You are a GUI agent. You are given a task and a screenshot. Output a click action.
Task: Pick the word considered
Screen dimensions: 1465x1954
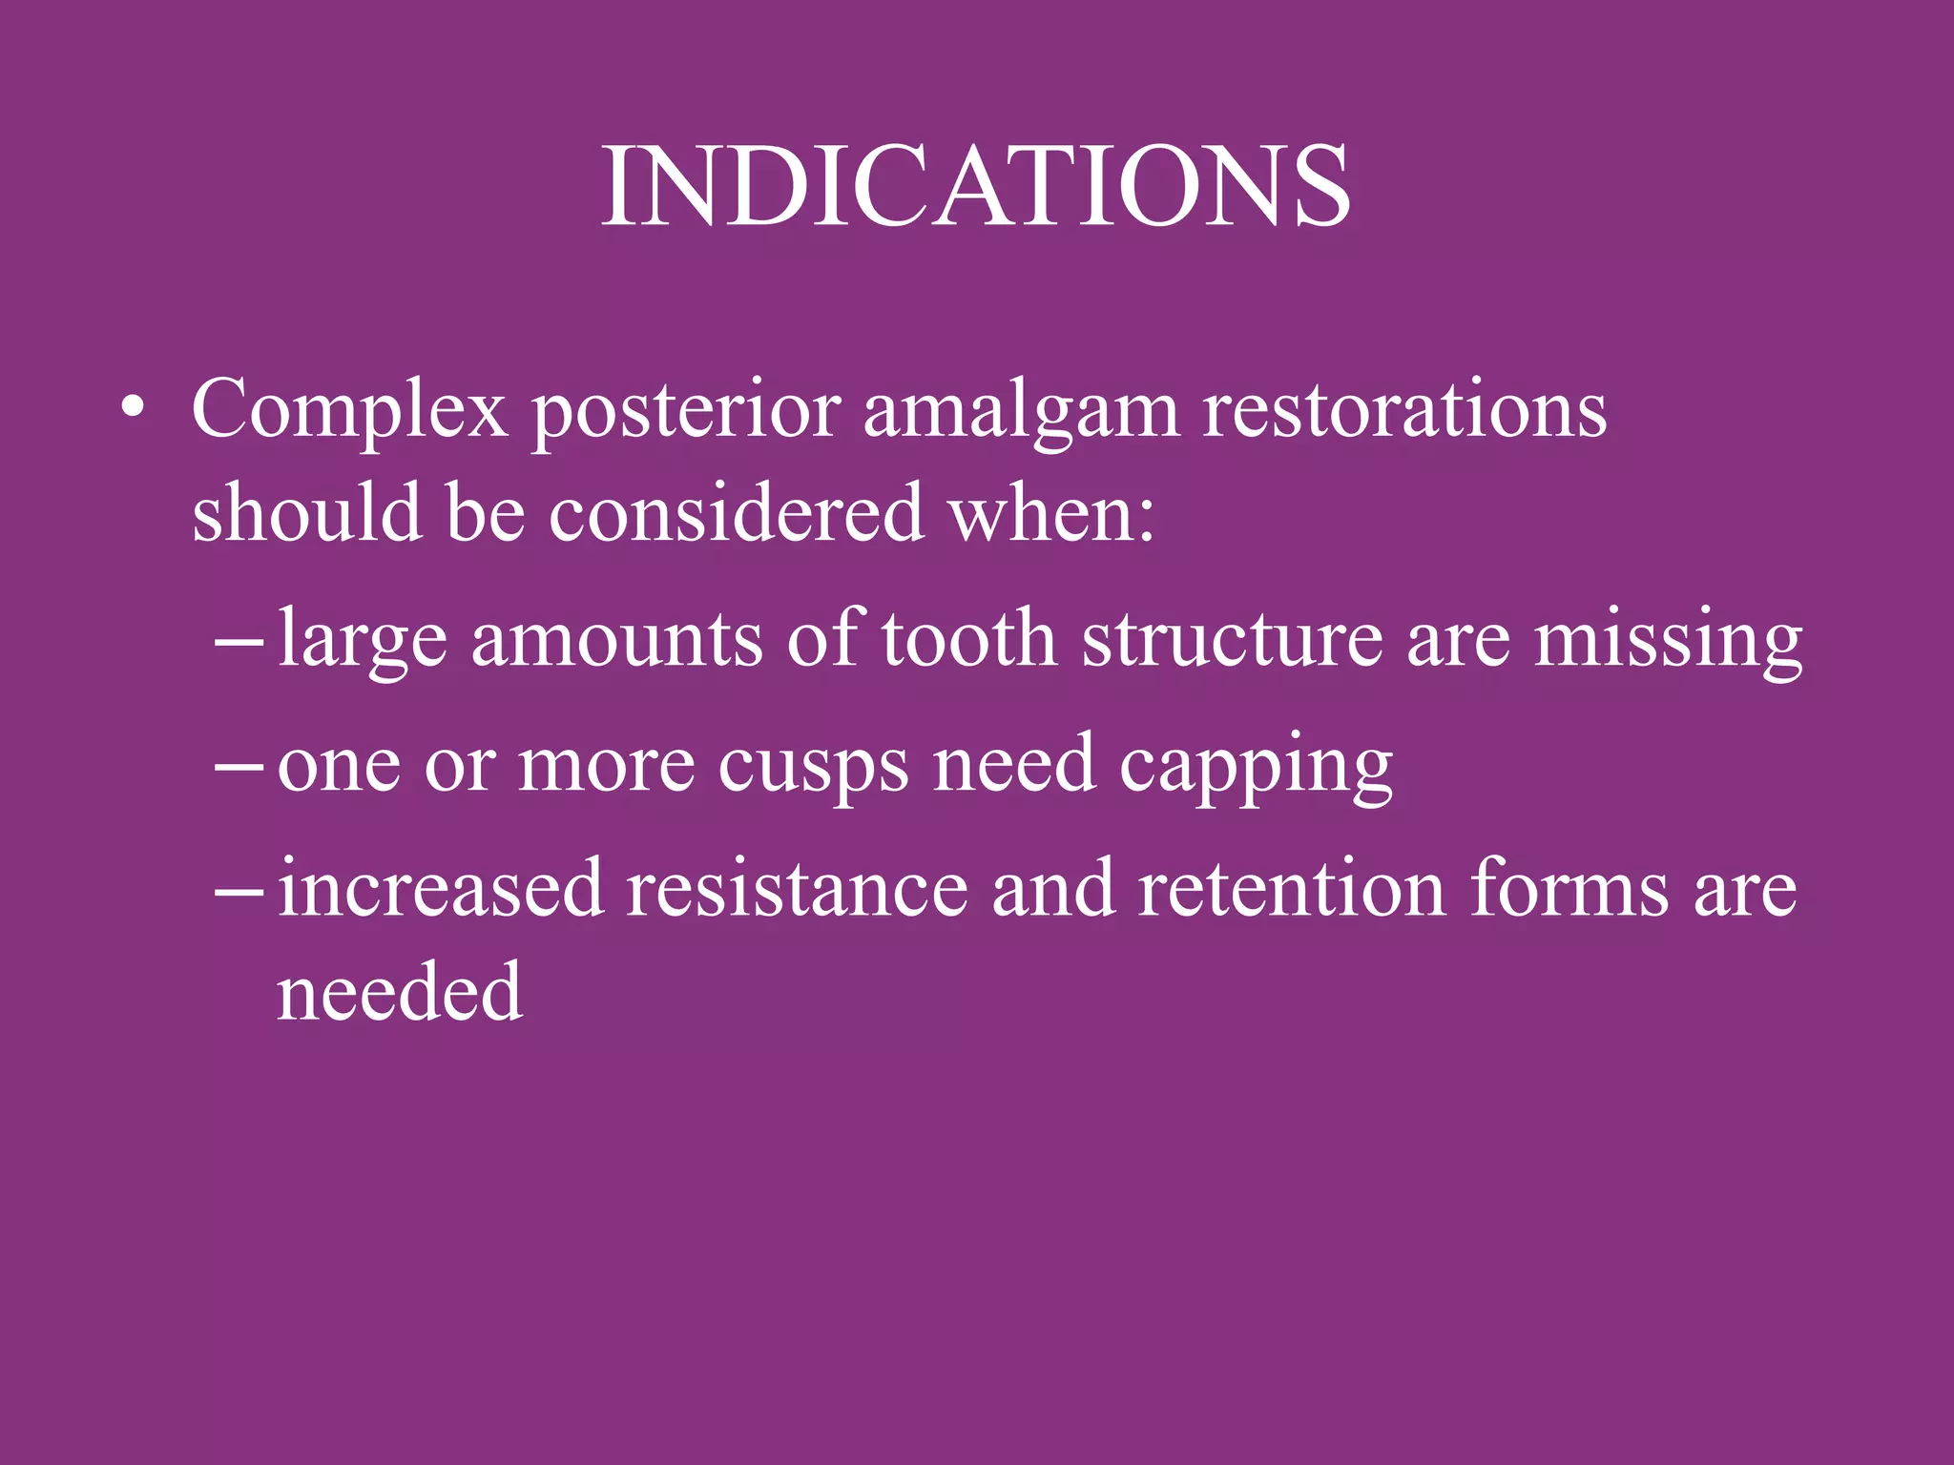(736, 514)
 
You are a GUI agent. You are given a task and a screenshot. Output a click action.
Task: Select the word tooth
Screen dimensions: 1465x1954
(967, 639)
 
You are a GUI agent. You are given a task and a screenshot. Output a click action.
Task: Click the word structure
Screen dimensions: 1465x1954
(1232, 639)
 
